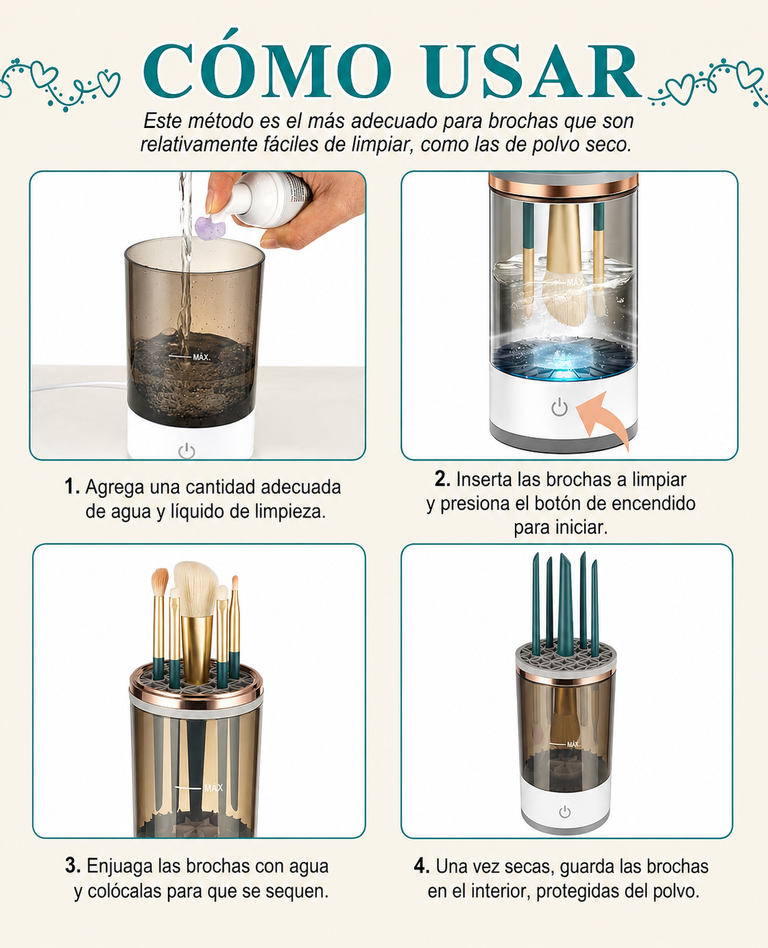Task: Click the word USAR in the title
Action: (x=531, y=71)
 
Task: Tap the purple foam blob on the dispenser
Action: (x=210, y=228)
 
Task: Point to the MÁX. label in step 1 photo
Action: (x=201, y=357)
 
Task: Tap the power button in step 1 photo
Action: (x=187, y=451)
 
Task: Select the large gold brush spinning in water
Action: (x=564, y=263)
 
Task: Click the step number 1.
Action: (x=71, y=487)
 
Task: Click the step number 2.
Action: (x=442, y=479)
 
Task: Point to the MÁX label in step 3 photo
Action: (x=214, y=788)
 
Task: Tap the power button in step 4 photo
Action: (x=565, y=812)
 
